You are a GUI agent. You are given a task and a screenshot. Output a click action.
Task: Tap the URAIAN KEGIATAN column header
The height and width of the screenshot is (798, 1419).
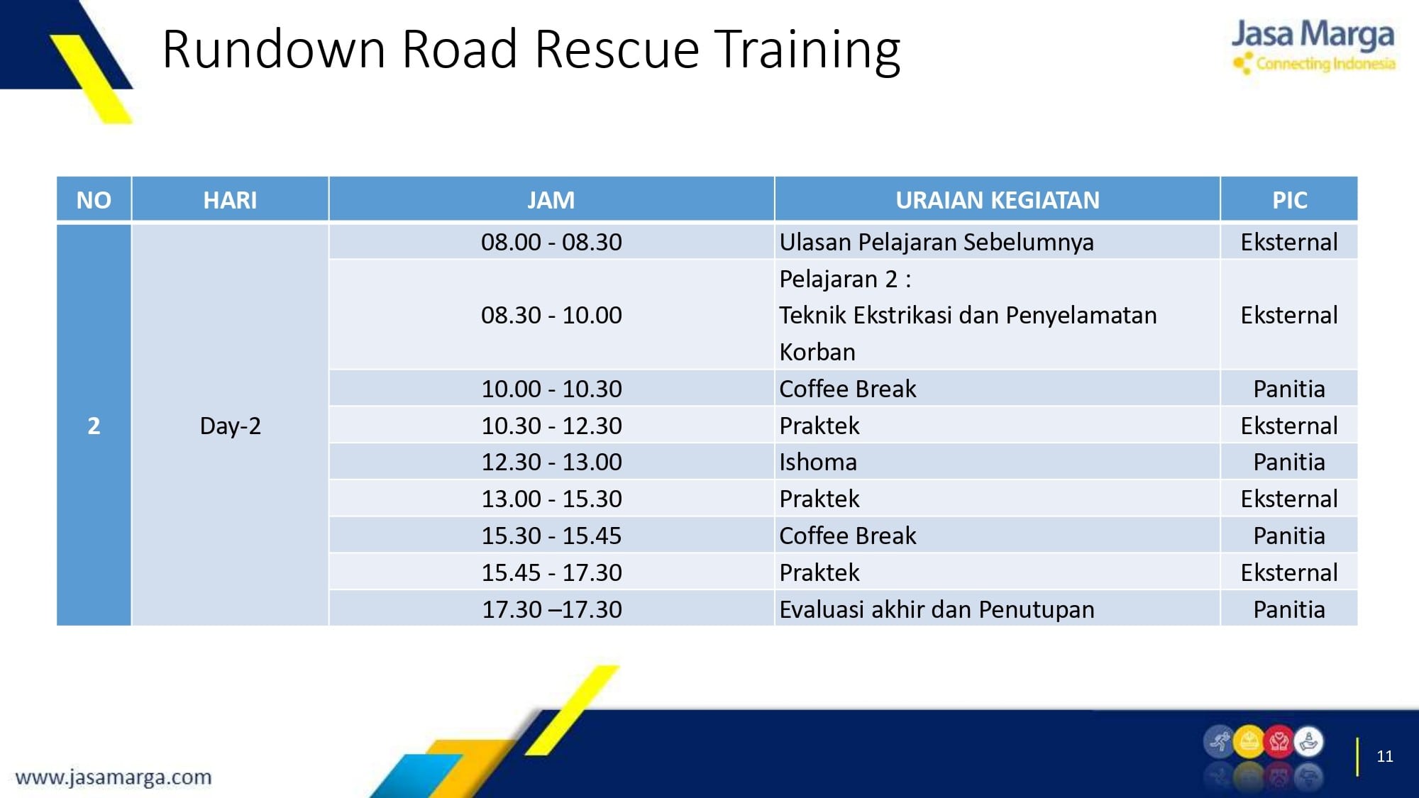coord(998,200)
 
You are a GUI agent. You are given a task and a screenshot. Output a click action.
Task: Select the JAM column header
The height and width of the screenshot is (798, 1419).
coord(551,200)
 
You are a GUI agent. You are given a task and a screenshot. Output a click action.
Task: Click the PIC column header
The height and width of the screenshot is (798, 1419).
coord(1289,200)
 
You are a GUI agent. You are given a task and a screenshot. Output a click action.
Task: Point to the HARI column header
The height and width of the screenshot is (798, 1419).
coord(230,200)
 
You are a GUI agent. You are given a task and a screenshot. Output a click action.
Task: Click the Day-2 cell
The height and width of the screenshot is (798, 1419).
coord(230,426)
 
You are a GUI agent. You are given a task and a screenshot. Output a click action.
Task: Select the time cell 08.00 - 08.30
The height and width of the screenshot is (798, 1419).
coord(551,242)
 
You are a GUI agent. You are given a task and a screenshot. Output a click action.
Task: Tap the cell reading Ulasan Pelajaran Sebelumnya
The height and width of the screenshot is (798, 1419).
coord(937,243)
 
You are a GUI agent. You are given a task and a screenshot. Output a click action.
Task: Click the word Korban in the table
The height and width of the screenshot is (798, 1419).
coord(817,352)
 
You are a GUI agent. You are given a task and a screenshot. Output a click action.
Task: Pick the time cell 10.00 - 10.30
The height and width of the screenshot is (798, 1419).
coord(551,389)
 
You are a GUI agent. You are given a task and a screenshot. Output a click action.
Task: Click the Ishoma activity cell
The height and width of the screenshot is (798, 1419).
coord(818,462)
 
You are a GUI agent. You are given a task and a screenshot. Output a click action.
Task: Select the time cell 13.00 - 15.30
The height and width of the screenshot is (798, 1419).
coord(551,499)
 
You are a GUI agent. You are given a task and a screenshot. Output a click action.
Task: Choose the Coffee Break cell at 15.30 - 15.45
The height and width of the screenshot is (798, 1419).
coord(848,536)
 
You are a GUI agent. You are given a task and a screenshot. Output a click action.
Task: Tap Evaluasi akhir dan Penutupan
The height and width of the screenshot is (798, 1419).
coord(937,609)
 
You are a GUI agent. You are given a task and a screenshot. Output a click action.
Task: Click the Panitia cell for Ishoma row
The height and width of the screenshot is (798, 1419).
coord(1289,462)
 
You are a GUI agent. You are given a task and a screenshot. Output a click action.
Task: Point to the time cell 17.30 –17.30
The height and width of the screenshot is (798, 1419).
coord(551,609)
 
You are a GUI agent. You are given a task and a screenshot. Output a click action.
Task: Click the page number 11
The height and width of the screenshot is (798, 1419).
coord(1384,757)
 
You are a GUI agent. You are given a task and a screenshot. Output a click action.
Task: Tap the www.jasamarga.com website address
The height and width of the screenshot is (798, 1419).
coord(114,777)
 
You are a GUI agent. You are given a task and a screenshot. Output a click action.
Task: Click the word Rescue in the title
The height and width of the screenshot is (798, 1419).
coord(617,49)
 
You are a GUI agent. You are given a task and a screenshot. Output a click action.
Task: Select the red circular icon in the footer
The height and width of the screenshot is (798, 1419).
coord(1279,742)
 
